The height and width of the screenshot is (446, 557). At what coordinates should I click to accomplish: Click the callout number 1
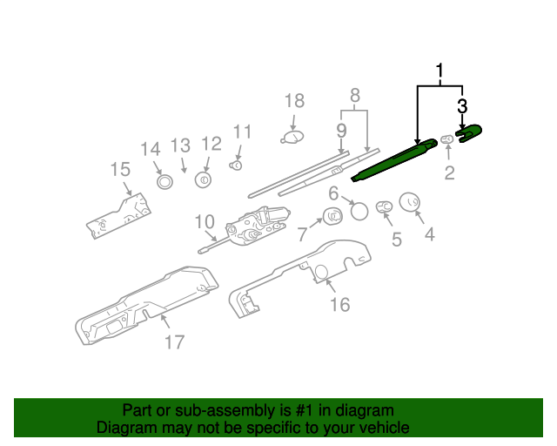tap(440, 71)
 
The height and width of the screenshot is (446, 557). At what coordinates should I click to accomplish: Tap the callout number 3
tap(462, 106)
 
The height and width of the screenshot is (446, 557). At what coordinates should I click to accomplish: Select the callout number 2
tap(449, 172)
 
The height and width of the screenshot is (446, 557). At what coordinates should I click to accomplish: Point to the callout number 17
tap(175, 341)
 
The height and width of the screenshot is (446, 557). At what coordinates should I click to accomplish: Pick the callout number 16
tap(339, 304)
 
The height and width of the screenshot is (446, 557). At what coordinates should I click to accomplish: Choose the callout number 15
tap(119, 169)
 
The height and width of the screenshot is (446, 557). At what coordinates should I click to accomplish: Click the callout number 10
tap(204, 221)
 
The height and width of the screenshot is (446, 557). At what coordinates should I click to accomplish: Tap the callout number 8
tap(354, 94)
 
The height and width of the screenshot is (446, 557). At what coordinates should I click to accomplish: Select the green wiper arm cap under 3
tap(469, 132)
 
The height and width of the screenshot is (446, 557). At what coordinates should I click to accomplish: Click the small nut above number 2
tap(446, 138)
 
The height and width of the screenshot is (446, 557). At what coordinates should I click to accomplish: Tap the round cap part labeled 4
tap(409, 202)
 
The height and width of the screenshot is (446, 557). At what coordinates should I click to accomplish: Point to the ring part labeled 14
tap(163, 181)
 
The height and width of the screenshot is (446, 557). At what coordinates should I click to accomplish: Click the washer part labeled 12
tap(204, 180)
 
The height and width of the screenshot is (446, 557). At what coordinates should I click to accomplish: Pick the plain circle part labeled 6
tap(359, 210)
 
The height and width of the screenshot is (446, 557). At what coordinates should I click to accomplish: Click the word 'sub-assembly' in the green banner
tap(222, 410)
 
